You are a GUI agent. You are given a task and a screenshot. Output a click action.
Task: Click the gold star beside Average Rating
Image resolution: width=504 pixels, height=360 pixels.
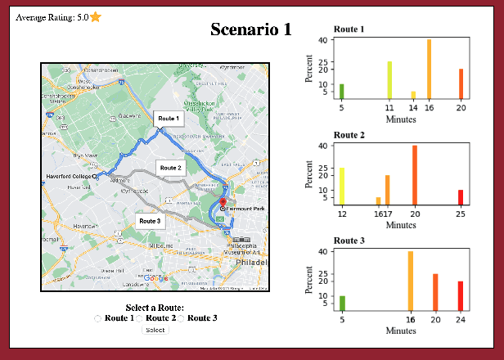click(96, 16)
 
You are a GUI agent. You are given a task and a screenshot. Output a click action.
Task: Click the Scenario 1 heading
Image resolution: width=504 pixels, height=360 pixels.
click(250, 29)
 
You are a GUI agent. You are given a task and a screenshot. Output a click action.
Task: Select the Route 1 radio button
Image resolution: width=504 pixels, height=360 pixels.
click(98, 318)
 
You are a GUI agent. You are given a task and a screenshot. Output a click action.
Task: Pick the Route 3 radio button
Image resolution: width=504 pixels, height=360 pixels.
click(181, 318)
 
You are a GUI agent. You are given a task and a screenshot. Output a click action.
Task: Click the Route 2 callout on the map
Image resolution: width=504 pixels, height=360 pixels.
click(170, 168)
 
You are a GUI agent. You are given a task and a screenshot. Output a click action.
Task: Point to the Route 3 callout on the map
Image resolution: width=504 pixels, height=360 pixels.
click(149, 221)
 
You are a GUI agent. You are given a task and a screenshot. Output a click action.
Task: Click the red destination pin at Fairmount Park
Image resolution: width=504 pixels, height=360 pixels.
click(223, 204)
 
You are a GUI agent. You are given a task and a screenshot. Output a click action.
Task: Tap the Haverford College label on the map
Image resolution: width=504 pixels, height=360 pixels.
click(69, 176)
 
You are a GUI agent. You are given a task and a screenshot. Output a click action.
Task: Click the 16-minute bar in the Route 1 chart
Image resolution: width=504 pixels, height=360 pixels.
click(429, 70)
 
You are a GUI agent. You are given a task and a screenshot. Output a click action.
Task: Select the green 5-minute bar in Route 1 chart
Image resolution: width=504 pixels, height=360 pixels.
click(341, 91)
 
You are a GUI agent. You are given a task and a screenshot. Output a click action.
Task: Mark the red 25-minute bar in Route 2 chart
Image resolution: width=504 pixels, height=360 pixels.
click(461, 196)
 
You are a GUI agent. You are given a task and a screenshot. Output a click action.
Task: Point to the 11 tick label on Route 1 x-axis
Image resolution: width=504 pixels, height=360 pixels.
click(389, 107)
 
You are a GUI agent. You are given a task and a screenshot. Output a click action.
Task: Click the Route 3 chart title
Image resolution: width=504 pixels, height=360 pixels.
click(351, 241)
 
